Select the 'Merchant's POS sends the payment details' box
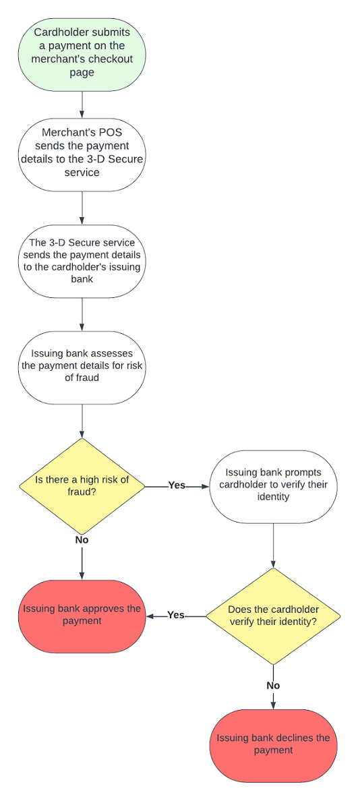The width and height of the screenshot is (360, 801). coord(82,153)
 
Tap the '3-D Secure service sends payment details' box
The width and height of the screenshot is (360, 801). coord(82,261)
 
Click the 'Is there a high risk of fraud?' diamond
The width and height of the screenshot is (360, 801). coord(82,485)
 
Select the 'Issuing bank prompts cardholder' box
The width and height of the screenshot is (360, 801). coord(273,485)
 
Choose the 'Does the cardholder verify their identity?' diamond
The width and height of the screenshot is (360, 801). coord(273,616)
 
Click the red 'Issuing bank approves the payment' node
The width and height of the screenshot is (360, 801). coord(82,615)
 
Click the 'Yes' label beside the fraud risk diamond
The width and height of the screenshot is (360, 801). coord(177,485)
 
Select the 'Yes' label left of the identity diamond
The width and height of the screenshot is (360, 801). coord(176,615)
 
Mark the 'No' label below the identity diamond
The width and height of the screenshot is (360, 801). coord(273,685)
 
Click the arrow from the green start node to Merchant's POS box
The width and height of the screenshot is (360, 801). coord(82,105)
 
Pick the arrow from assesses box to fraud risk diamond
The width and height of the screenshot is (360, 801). coord(82,421)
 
